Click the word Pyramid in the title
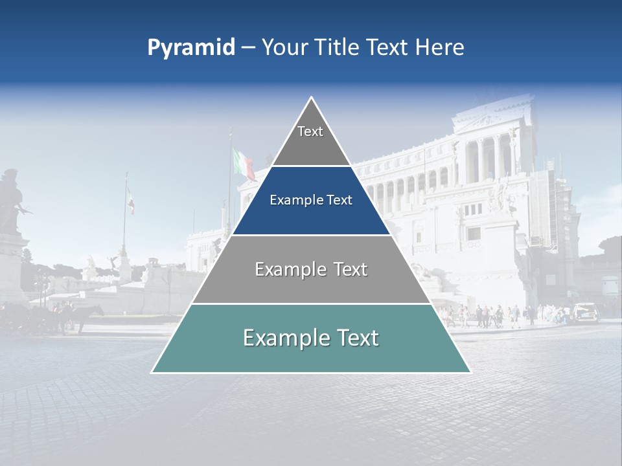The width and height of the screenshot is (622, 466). point(191,47)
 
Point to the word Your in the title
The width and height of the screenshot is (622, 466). point(284,47)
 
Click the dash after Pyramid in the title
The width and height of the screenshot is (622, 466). point(248,48)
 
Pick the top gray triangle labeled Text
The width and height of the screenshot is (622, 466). point(311,139)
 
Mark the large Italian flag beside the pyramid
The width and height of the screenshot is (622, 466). point(244,163)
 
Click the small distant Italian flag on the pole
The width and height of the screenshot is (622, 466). point(131,201)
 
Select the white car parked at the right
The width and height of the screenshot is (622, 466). point(585,312)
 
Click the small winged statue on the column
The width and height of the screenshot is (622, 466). point(115,261)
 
